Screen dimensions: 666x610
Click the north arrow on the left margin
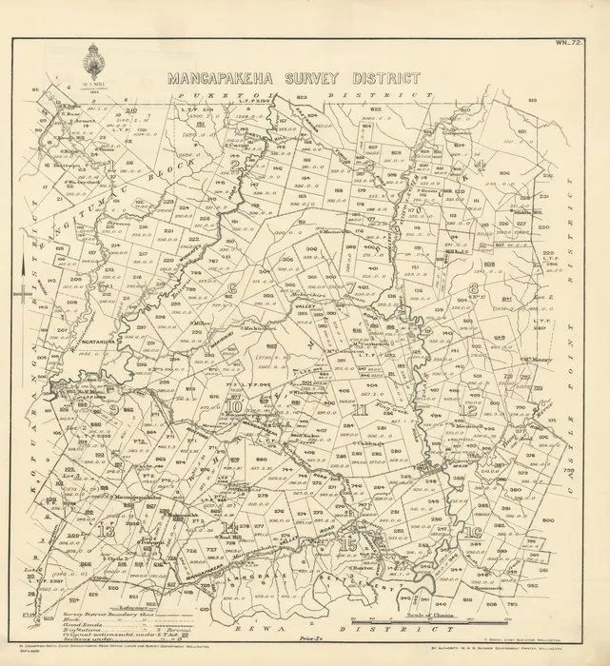tap(20, 291)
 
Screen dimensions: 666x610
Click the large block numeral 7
tap(351, 286)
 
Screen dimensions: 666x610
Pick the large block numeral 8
tap(473, 286)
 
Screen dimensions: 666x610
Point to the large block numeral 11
tap(363, 410)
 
